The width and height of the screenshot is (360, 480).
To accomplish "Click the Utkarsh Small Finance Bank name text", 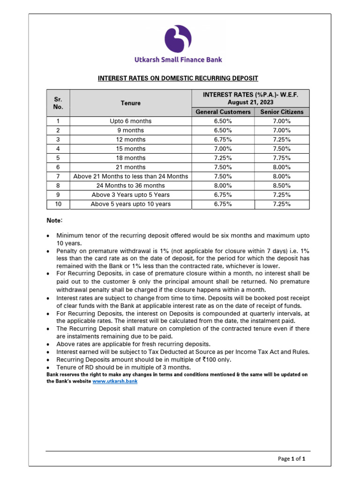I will (x=178, y=60).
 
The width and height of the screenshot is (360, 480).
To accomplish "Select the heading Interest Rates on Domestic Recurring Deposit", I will (x=178, y=78).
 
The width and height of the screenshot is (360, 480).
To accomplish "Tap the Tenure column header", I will (x=130, y=103).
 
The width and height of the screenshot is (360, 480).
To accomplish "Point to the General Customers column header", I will (x=223, y=112).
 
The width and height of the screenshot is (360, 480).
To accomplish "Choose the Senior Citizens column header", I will (x=282, y=112).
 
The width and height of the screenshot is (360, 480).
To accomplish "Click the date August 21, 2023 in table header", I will (x=250, y=102).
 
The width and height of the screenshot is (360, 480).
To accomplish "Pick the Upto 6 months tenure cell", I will (x=130, y=121).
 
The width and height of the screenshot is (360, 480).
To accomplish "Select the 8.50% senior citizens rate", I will (x=282, y=186).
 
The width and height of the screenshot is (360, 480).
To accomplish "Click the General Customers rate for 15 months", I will (x=223, y=149).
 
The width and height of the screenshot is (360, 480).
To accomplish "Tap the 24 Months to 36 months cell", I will (x=130, y=186).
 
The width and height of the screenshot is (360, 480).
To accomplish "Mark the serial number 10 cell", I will (x=58, y=204).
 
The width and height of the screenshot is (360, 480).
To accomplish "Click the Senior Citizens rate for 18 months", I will (x=282, y=158).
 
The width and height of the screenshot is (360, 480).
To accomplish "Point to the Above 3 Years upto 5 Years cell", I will (x=130, y=195).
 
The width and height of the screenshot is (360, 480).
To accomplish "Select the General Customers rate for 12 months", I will (x=223, y=140).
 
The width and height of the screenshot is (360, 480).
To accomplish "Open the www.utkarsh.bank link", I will (x=115, y=382).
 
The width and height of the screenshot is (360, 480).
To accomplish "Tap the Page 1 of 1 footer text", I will (x=292, y=459).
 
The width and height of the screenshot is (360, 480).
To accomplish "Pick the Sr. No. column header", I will (x=58, y=103).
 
